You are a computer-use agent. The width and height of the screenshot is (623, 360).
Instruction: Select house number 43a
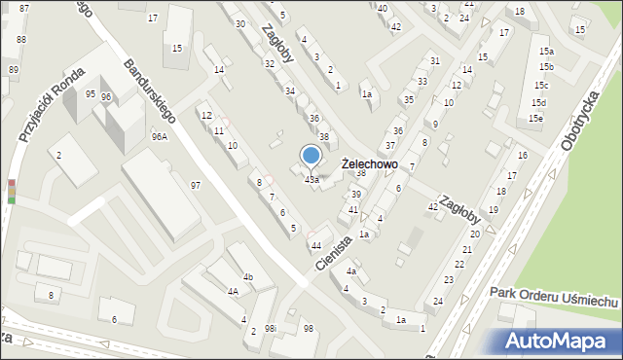311,180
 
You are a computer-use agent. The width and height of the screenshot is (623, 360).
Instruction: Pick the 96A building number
159,137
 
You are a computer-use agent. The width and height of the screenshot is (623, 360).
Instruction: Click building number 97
196,185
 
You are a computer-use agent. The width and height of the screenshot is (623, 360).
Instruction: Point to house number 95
91,94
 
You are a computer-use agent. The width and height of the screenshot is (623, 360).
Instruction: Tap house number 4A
233,291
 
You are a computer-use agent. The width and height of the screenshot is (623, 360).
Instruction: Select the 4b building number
248,277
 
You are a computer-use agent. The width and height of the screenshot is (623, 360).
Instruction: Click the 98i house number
271,329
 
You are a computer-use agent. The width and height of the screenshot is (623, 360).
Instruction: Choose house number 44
316,245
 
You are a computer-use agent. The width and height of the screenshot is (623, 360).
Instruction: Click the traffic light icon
12,191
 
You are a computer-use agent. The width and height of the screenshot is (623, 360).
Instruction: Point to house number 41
353,209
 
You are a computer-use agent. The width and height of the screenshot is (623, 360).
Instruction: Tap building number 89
13,70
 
